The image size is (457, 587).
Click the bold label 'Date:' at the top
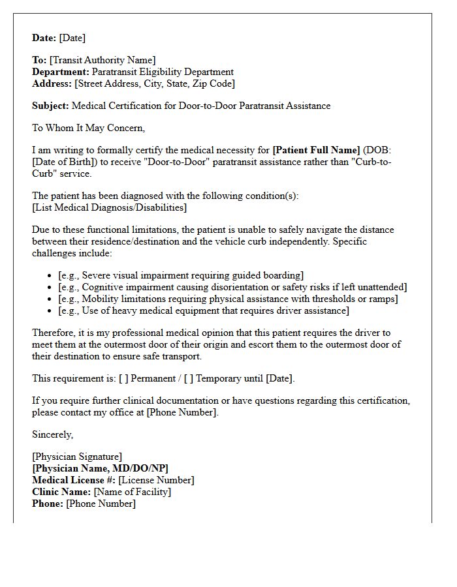(44, 38)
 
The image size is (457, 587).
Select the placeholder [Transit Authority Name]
(102, 61)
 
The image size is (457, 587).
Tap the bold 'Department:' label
(61, 72)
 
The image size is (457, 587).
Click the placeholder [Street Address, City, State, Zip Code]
(155, 84)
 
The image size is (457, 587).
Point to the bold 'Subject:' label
(50, 106)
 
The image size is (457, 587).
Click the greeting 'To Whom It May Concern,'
(89, 128)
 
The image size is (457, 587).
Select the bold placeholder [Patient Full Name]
(316, 151)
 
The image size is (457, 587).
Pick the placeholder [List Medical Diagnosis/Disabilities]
(109, 207)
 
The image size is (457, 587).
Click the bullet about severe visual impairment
(181, 275)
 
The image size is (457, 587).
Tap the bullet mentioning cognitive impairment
(232, 287)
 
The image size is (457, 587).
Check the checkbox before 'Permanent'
(124, 378)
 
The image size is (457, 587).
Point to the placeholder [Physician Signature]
(77, 457)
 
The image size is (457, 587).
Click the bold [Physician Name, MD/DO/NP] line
(101, 468)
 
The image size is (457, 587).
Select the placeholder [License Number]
(156, 480)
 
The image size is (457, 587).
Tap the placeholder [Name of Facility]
(132, 492)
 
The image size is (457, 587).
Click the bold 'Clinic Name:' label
(61, 492)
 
